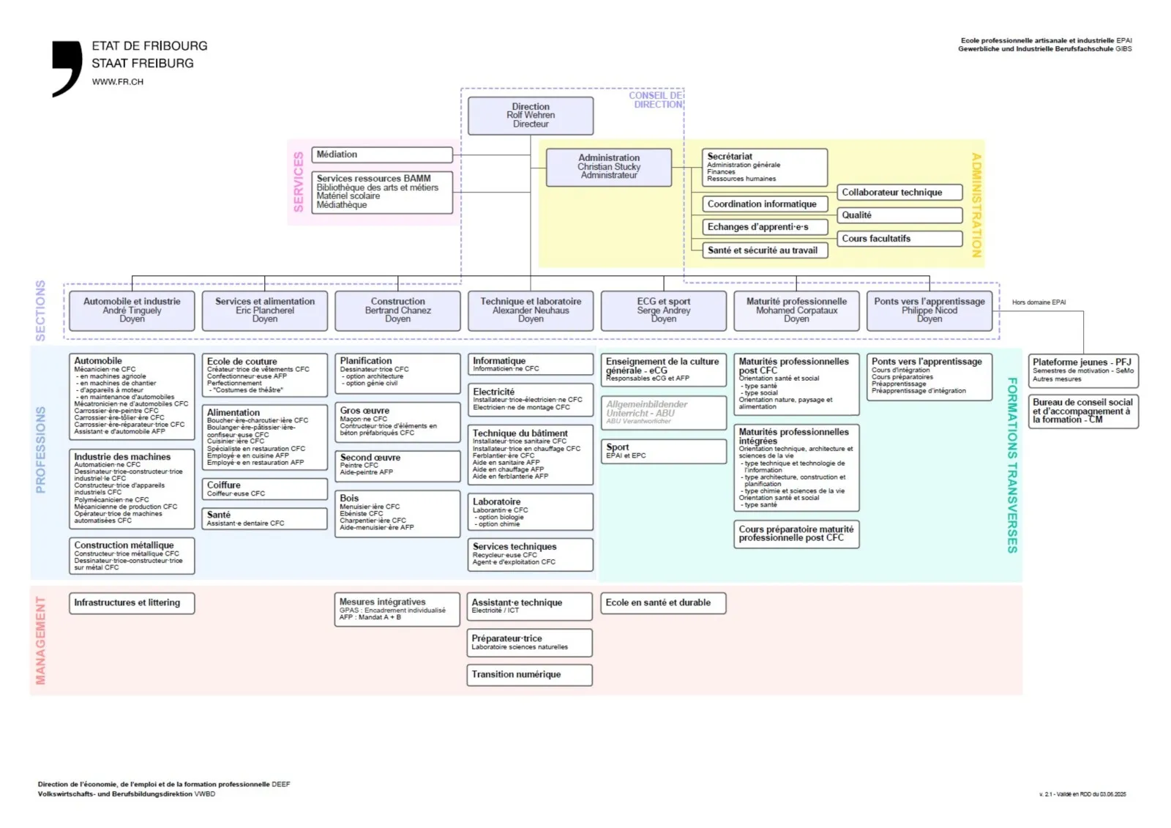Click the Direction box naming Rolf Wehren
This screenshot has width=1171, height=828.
(x=531, y=116)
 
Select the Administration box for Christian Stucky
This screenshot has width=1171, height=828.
(x=609, y=167)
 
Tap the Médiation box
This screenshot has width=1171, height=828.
(x=382, y=154)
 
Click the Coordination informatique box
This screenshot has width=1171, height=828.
(x=765, y=204)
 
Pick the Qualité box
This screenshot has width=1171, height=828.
(x=899, y=215)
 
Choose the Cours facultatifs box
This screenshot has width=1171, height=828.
(x=899, y=239)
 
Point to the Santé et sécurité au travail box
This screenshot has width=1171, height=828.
(x=765, y=250)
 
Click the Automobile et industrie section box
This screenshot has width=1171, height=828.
(x=132, y=310)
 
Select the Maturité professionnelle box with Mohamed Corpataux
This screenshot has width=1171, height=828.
(x=796, y=310)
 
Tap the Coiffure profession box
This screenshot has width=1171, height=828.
(x=265, y=489)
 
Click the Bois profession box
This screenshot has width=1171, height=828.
(x=397, y=513)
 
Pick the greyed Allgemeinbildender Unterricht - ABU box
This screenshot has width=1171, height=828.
(x=664, y=413)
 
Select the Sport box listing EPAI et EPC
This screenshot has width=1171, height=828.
(x=664, y=451)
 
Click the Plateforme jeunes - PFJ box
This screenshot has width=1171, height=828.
(x=1083, y=370)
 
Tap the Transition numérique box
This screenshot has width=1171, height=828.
(x=529, y=675)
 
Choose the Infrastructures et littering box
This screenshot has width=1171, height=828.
(x=132, y=603)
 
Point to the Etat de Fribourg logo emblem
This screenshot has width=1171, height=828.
(x=67, y=68)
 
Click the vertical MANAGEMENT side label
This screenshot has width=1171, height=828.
(x=40, y=641)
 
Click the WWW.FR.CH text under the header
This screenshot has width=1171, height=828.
(x=118, y=82)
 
